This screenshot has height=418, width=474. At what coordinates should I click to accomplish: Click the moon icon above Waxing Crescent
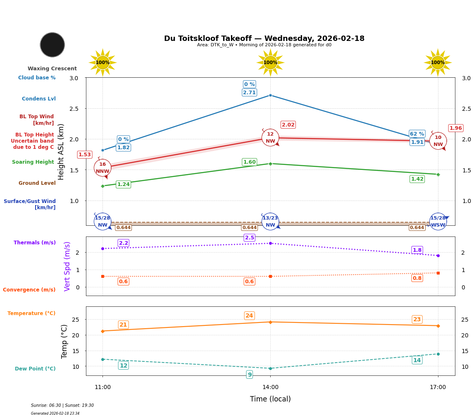(52, 45)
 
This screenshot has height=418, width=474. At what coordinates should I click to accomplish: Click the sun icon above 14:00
(270, 62)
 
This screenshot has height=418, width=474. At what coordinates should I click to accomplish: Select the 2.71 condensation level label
(249, 93)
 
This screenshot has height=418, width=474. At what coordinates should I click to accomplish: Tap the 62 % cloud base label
(417, 134)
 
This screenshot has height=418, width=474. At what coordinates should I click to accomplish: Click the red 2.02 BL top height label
(288, 125)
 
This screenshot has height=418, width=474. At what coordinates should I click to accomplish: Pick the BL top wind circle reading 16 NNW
(102, 168)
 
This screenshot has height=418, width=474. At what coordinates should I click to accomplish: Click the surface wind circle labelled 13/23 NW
(270, 222)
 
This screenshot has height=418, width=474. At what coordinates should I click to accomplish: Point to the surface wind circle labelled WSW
(438, 222)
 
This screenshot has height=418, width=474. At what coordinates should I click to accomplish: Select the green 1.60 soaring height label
(249, 162)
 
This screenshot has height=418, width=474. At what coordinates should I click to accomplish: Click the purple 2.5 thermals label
(250, 238)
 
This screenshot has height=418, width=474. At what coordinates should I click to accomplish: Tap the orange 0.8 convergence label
(417, 278)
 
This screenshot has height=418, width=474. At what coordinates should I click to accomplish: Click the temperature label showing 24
(249, 316)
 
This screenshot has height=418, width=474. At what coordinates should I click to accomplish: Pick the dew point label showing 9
(250, 375)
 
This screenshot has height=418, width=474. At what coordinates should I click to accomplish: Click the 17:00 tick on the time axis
(438, 387)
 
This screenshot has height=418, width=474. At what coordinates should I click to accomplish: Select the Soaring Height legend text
(33, 162)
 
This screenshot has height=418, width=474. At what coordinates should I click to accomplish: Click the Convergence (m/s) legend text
(29, 290)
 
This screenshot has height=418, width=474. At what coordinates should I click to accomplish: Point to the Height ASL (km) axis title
(61, 152)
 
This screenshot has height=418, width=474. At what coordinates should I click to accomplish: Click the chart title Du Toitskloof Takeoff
(264, 38)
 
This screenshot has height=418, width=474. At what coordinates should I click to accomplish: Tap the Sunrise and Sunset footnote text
(62, 406)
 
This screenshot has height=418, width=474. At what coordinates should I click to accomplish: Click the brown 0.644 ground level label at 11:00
(123, 228)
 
